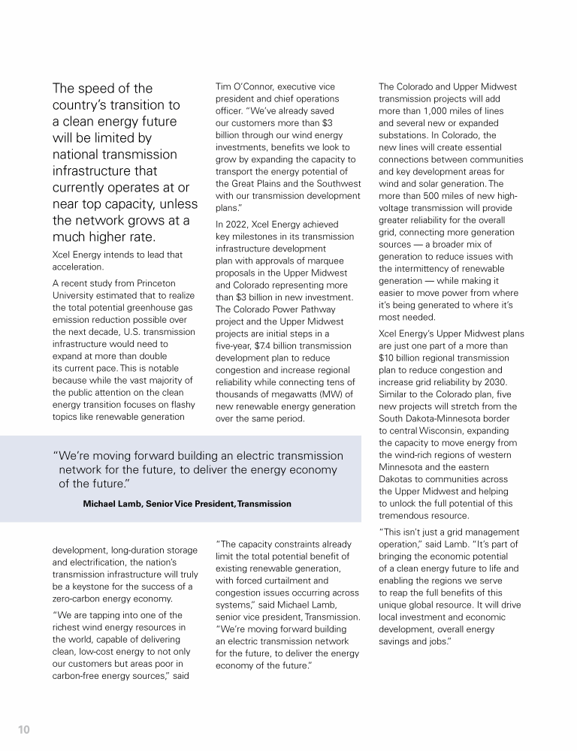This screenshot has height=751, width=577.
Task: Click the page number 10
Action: point(23,729)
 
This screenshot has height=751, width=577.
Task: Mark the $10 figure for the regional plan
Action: point(391,357)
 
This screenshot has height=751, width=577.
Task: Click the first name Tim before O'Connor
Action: point(223,86)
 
